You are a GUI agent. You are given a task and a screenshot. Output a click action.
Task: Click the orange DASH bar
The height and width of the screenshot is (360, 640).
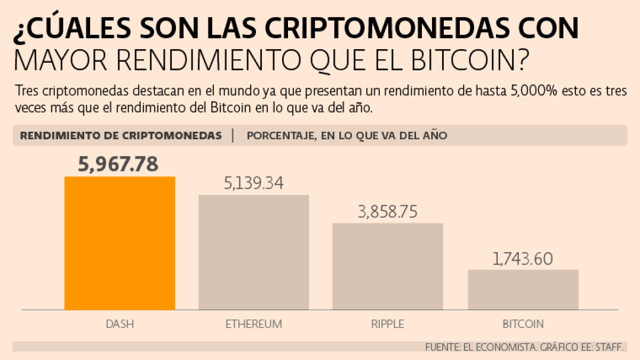click(119, 243)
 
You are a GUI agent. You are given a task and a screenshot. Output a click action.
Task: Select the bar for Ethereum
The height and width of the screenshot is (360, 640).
click(254, 252)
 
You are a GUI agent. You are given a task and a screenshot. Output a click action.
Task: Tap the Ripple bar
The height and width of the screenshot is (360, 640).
click(388, 266)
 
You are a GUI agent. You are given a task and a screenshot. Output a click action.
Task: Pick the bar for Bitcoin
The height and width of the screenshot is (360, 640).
click(523, 290)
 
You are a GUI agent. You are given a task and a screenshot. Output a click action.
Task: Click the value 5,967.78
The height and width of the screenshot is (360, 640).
click(118, 164)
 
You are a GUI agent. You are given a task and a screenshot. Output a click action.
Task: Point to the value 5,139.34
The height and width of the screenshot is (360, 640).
click(253, 183)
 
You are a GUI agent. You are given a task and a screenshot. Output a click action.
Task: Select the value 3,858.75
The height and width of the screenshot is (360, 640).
click(388, 212)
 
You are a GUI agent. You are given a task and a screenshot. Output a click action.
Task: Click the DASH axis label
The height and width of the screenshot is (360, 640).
click(119, 324)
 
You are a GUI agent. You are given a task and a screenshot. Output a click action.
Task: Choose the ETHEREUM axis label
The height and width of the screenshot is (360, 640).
click(253, 324)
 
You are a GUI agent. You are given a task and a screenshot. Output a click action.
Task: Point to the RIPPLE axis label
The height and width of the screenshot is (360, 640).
click(388, 324)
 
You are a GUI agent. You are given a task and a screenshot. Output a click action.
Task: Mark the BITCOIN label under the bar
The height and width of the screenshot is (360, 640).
click(523, 324)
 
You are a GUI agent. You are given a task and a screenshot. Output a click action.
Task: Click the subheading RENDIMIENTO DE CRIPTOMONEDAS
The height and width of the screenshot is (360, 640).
click(121, 135)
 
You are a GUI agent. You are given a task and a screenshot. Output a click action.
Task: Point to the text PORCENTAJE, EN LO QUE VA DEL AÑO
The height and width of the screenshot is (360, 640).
click(347, 135)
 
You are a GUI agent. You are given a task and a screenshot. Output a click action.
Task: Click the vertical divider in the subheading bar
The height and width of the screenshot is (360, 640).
click(233, 135)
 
